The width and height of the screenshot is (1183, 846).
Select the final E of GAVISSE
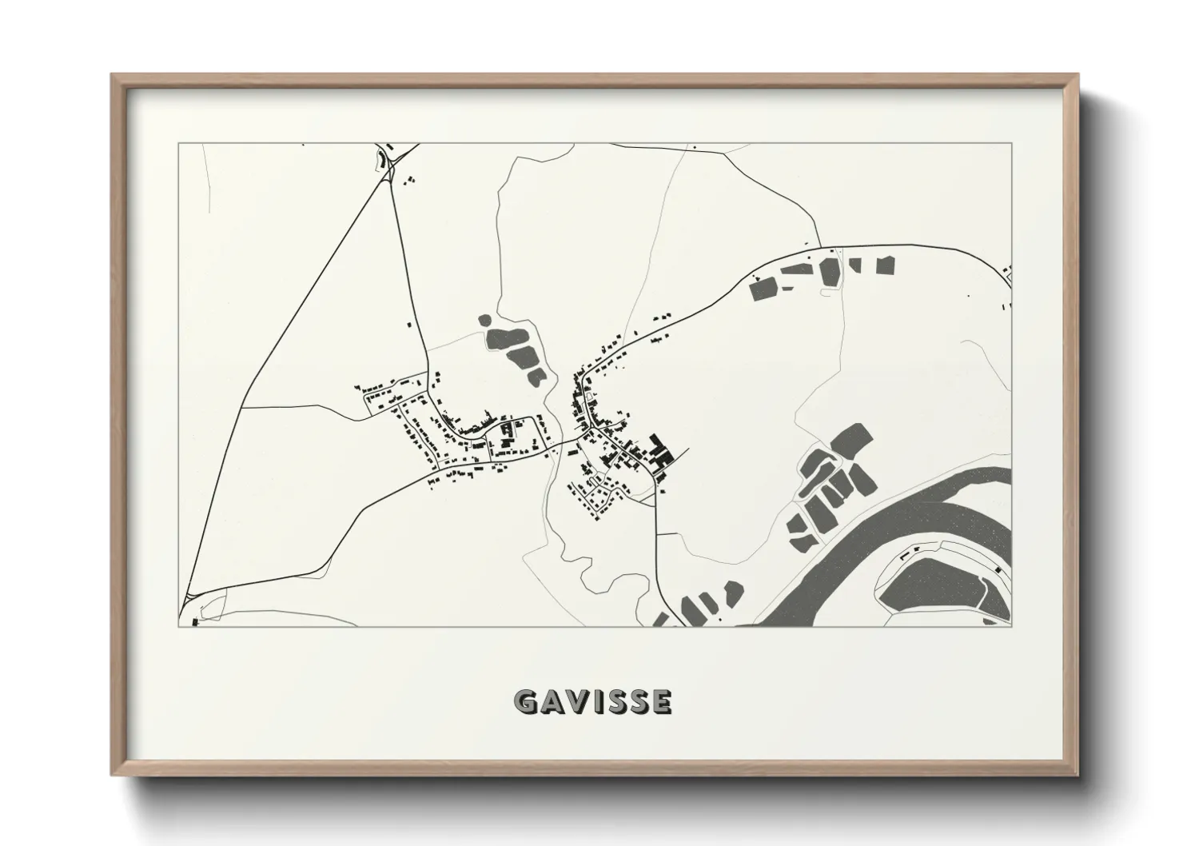[x=661, y=701]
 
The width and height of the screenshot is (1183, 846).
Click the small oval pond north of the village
[x=484, y=321]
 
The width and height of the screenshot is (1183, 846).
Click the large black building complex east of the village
[x=660, y=453]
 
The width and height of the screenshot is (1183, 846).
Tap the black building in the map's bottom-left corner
[x=194, y=621]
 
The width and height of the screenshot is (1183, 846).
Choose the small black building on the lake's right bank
[x=999, y=569]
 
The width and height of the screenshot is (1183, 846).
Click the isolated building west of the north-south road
[x=411, y=325]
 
